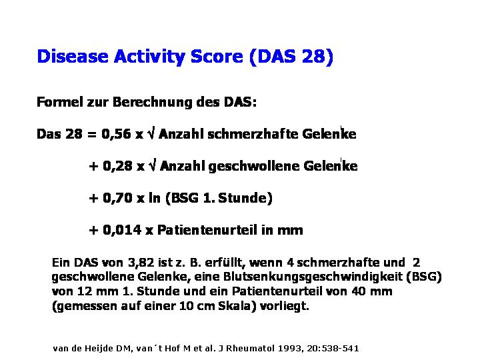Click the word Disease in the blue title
click(73, 56)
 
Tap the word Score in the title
click(217, 56)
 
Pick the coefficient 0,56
click(116, 134)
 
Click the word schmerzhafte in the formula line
click(253, 134)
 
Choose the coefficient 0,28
click(117, 166)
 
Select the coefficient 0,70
click(117, 198)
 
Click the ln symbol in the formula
click(155, 198)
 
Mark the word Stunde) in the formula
click(245, 198)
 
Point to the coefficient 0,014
click(122, 230)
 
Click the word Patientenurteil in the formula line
click(207, 230)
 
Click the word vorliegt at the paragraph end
click(285, 306)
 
